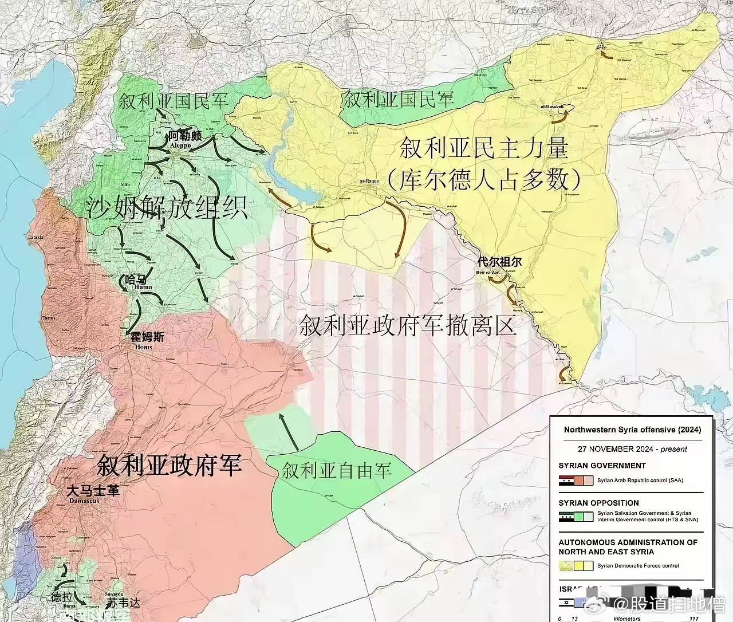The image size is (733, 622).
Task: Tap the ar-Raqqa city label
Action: (x=370, y=182)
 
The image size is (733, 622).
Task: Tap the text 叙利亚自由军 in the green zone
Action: (x=336, y=471)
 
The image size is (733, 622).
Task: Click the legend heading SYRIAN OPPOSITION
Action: (x=598, y=502)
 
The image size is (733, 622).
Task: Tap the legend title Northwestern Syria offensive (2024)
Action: (x=632, y=430)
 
